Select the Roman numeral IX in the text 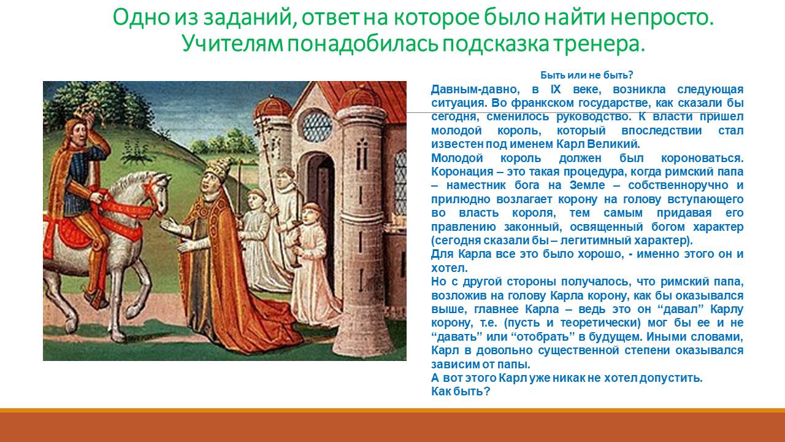(556, 90)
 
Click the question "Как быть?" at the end (461, 391)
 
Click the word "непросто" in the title (662, 18)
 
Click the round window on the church (317, 125)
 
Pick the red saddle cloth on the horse (72, 231)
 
